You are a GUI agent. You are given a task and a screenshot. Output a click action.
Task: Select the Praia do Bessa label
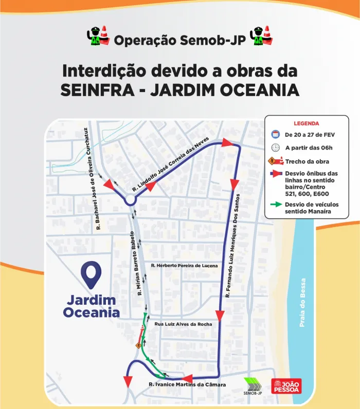pos(302,303)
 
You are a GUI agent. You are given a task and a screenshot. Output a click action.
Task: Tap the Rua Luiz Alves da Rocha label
pos(183,324)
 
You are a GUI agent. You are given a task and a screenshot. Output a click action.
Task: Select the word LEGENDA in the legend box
pos(307,123)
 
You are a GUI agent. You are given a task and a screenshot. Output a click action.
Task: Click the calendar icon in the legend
pos(276,135)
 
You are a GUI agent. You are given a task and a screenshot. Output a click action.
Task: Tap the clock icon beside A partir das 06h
pos(276,148)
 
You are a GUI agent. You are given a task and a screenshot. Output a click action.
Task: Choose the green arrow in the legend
pos(276,204)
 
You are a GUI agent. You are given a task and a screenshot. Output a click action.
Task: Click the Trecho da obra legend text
pos(307,161)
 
